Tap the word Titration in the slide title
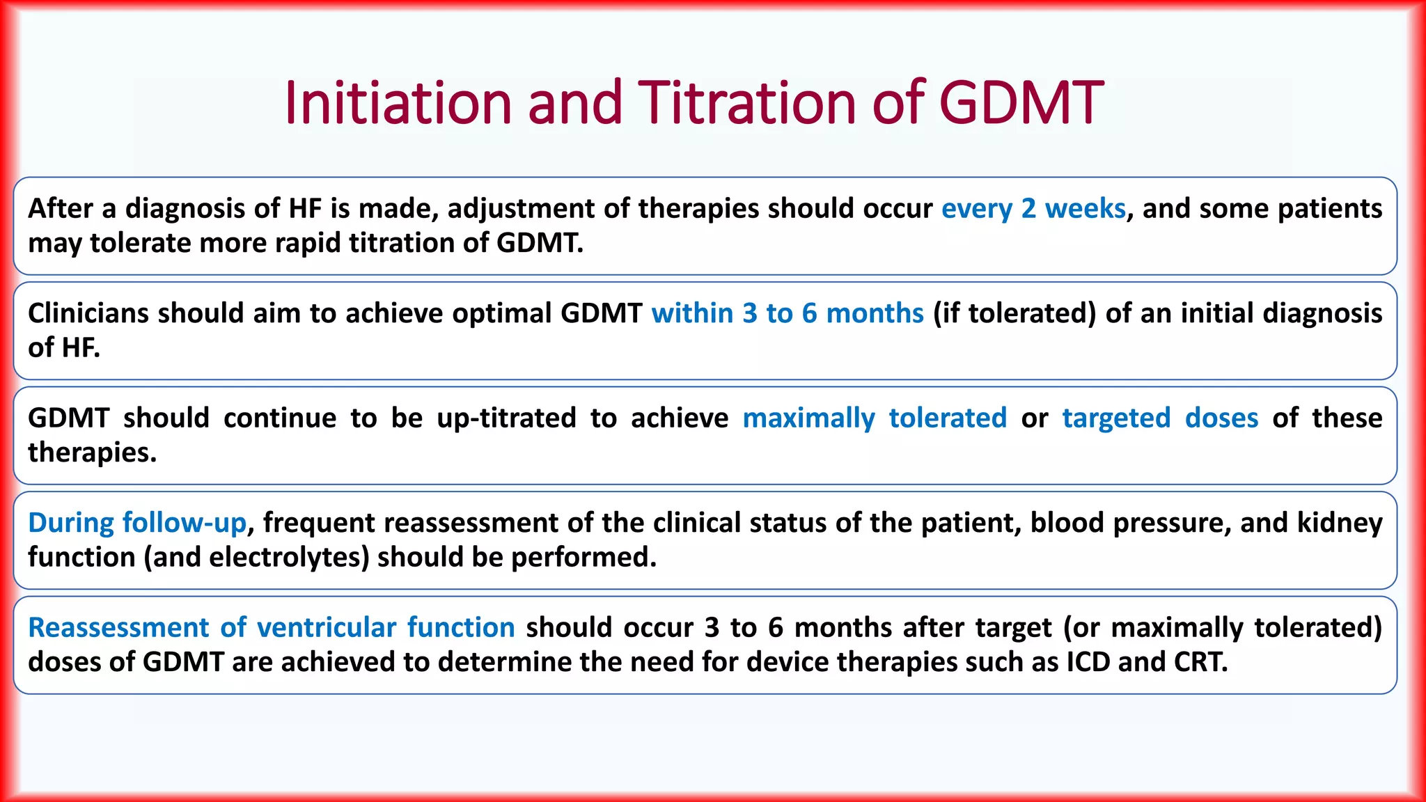747,103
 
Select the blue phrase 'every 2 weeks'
1033,209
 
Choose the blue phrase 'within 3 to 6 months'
787,313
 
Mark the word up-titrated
506,418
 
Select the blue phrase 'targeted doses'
1160,418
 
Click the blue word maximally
808,418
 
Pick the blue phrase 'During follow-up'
137,523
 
